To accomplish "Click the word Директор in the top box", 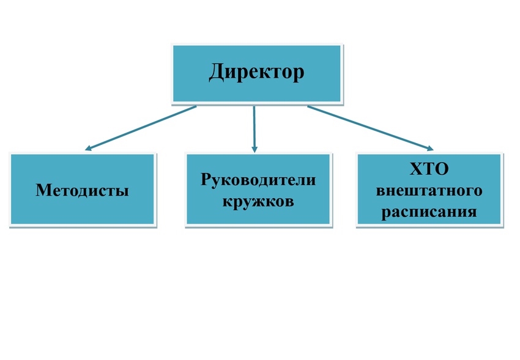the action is pyautogui.click(x=256, y=72).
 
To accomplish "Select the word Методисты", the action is pyautogui.click(x=82, y=190).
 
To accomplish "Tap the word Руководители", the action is pyautogui.click(x=258, y=180).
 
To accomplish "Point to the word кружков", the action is pyautogui.click(x=258, y=201).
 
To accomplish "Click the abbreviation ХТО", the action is pyautogui.click(x=429, y=169).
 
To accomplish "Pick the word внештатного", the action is pyautogui.click(x=429, y=191).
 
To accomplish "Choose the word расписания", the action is pyautogui.click(x=429, y=212).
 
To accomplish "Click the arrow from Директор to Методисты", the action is pyautogui.click(x=141, y=128).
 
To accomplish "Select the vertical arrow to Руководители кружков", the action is pyautogui.click(x=254, y=129).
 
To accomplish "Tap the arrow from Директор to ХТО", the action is pyautogui.click(x=371, y=128).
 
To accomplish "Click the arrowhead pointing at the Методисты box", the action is pyautogui.click(x=88, y=148).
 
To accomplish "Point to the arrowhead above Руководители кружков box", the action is pyautogui.click(x=254, y=149).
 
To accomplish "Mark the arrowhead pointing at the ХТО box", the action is pyautogui.click(x=430, y=149).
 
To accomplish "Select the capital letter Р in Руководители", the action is pyautogui.click(x=206, y=179).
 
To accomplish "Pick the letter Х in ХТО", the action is pyautogui.click(x=416, y=169).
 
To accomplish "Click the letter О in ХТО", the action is pyautogui.click(x=442, y=169).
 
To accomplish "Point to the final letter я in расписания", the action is pyautogui.click(x=472, y=212).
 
